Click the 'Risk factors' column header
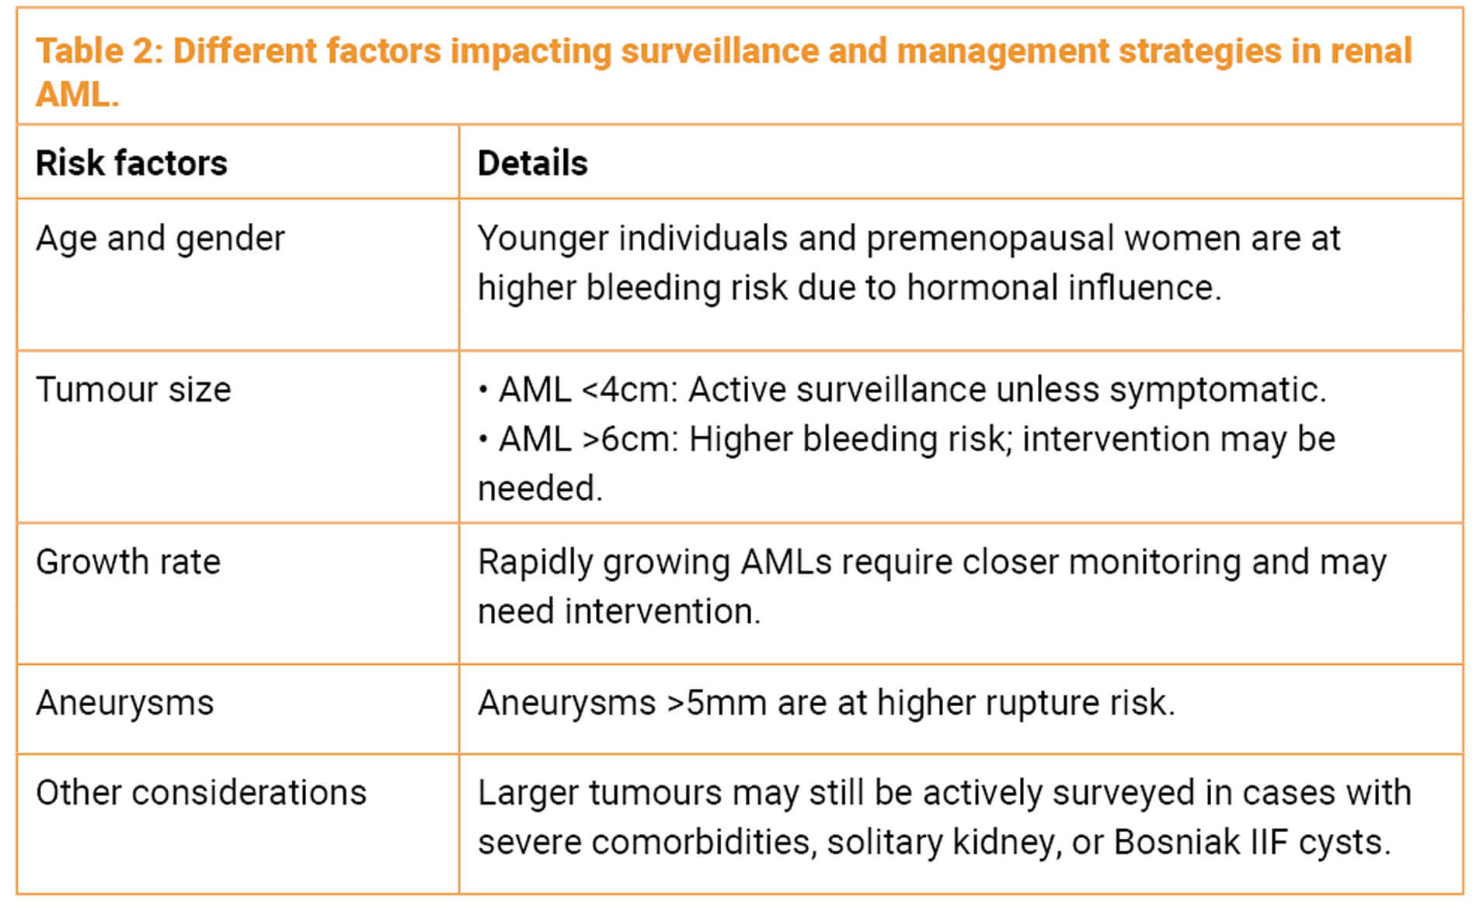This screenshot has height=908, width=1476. pos(131,163)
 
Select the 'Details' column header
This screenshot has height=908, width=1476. pos(532,163)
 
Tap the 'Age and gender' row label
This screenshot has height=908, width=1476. pos(160,239)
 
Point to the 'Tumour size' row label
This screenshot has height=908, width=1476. pos(134,389)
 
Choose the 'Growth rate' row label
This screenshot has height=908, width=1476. pos(128,562)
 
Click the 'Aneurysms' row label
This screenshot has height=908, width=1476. pos(124,703)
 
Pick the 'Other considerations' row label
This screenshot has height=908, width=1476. pos(201,793)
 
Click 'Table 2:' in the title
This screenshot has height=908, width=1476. pos(99,51)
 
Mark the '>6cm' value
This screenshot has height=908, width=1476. pos(630,439)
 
